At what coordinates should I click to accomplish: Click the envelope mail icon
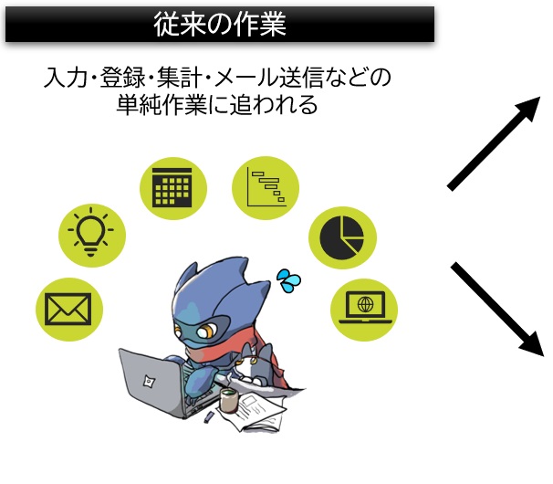point(68,310)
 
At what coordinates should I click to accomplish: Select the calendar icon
point(172,187)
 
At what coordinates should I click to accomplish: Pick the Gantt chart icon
point(266,187)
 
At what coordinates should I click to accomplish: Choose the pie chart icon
point(341,237)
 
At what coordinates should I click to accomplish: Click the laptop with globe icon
point(365,307)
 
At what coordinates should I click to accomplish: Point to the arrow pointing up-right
point(494,143)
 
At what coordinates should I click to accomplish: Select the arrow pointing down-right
point(496,309)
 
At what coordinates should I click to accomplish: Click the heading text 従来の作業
point(220,24)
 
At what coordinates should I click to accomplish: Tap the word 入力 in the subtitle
point(66,77)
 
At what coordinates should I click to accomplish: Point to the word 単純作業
point(162,104)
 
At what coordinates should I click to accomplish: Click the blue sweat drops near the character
point(288,281)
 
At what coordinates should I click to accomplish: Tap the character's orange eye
point(205,331)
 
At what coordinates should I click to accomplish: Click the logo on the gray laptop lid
point(149,382)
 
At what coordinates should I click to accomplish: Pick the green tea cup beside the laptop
point(229,400)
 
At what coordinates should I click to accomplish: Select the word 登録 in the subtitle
point(122,77)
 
